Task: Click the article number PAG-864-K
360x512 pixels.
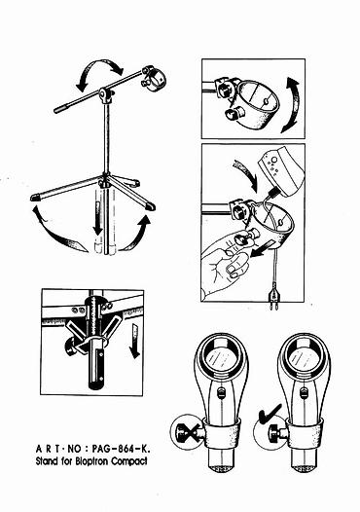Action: [x=121, y=449]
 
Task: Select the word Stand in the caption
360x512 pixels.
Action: [x=48, y=461]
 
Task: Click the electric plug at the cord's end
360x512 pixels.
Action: [x=272, y=299]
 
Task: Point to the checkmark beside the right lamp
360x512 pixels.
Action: [x=270, y=413]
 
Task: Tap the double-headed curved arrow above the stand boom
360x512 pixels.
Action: [x=99, y=72]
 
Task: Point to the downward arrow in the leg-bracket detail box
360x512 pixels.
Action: [x=134, y=342]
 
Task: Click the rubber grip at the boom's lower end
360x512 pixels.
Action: [x=61, y=109]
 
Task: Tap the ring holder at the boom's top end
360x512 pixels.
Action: [x=154, y=79]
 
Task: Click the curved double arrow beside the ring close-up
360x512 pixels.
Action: [x=291, y=105]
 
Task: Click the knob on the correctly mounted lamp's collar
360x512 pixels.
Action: [x=273, y=432]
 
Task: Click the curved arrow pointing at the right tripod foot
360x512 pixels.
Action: [x=136, y=233]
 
